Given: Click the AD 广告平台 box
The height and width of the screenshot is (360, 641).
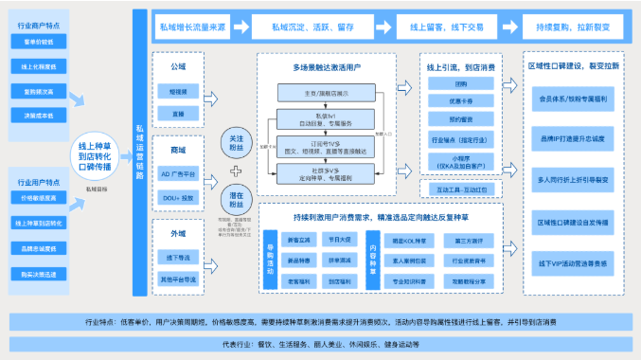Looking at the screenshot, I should coord(178,174).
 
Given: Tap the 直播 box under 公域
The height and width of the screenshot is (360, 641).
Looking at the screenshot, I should coord(178,114).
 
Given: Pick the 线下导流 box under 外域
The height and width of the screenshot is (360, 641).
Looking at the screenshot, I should coord(178,256).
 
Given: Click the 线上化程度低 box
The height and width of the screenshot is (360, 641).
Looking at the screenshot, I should coord(39,66).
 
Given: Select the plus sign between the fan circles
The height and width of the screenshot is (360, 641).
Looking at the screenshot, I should coord(236,171).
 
